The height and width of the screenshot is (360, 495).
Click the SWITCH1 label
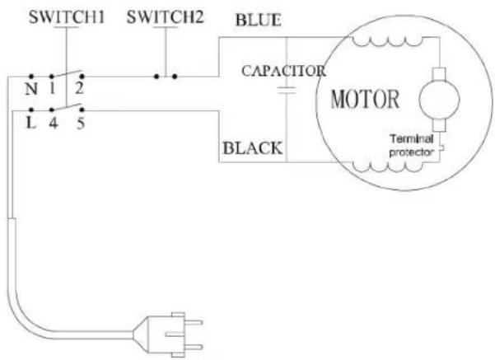click(66, 17)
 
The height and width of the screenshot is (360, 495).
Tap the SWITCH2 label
click(165, 17)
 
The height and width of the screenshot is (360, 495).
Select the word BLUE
click(259, 21)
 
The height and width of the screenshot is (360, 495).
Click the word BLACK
click(253, 148)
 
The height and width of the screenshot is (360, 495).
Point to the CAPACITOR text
click(284, 71)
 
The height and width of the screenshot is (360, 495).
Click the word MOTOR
click(365, 99)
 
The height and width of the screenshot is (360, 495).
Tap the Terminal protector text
click(411, 146)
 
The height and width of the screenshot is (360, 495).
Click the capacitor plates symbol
click(287, 91)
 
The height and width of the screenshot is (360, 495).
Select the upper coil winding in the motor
click(387, 41)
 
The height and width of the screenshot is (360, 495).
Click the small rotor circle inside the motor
click(439, 99)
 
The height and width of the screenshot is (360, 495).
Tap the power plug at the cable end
click(168, 334)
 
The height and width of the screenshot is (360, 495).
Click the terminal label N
click(31, 89)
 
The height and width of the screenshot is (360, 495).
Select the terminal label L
click(30, 123)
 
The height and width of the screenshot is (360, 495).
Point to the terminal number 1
click(53, 89)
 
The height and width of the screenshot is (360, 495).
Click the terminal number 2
click(79, 89)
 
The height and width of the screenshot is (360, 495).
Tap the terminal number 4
click(54, 124)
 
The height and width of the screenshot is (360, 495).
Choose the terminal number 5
click(81, 124)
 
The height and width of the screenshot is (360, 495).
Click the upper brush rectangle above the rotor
click(439, 74)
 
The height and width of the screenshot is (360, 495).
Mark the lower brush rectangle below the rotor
click(439, 125)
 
